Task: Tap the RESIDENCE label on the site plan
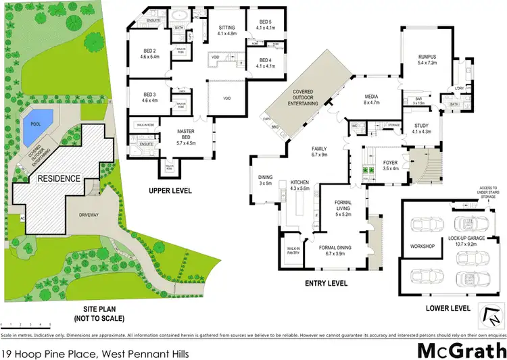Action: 58,179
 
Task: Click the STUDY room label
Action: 421,129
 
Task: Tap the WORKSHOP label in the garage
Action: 421,246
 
